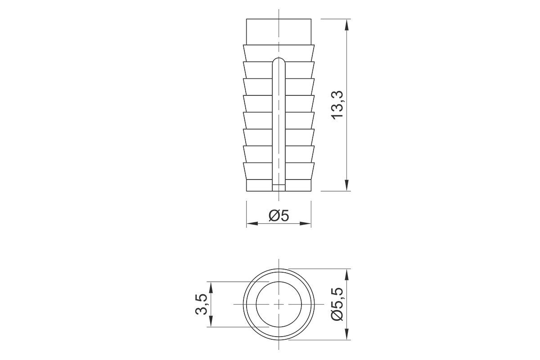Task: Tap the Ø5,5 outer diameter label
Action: click(x=337, y=304)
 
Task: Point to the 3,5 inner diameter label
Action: click(x=201, y=304)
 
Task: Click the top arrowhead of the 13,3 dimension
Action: click(x=346, y=25)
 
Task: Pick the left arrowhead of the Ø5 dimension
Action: click(x=252, y=224)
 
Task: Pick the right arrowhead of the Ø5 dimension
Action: click(x=305, y=224)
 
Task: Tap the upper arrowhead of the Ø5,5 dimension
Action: click(x=346, y=274)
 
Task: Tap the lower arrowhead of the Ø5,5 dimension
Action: click(x=346, y=334)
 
